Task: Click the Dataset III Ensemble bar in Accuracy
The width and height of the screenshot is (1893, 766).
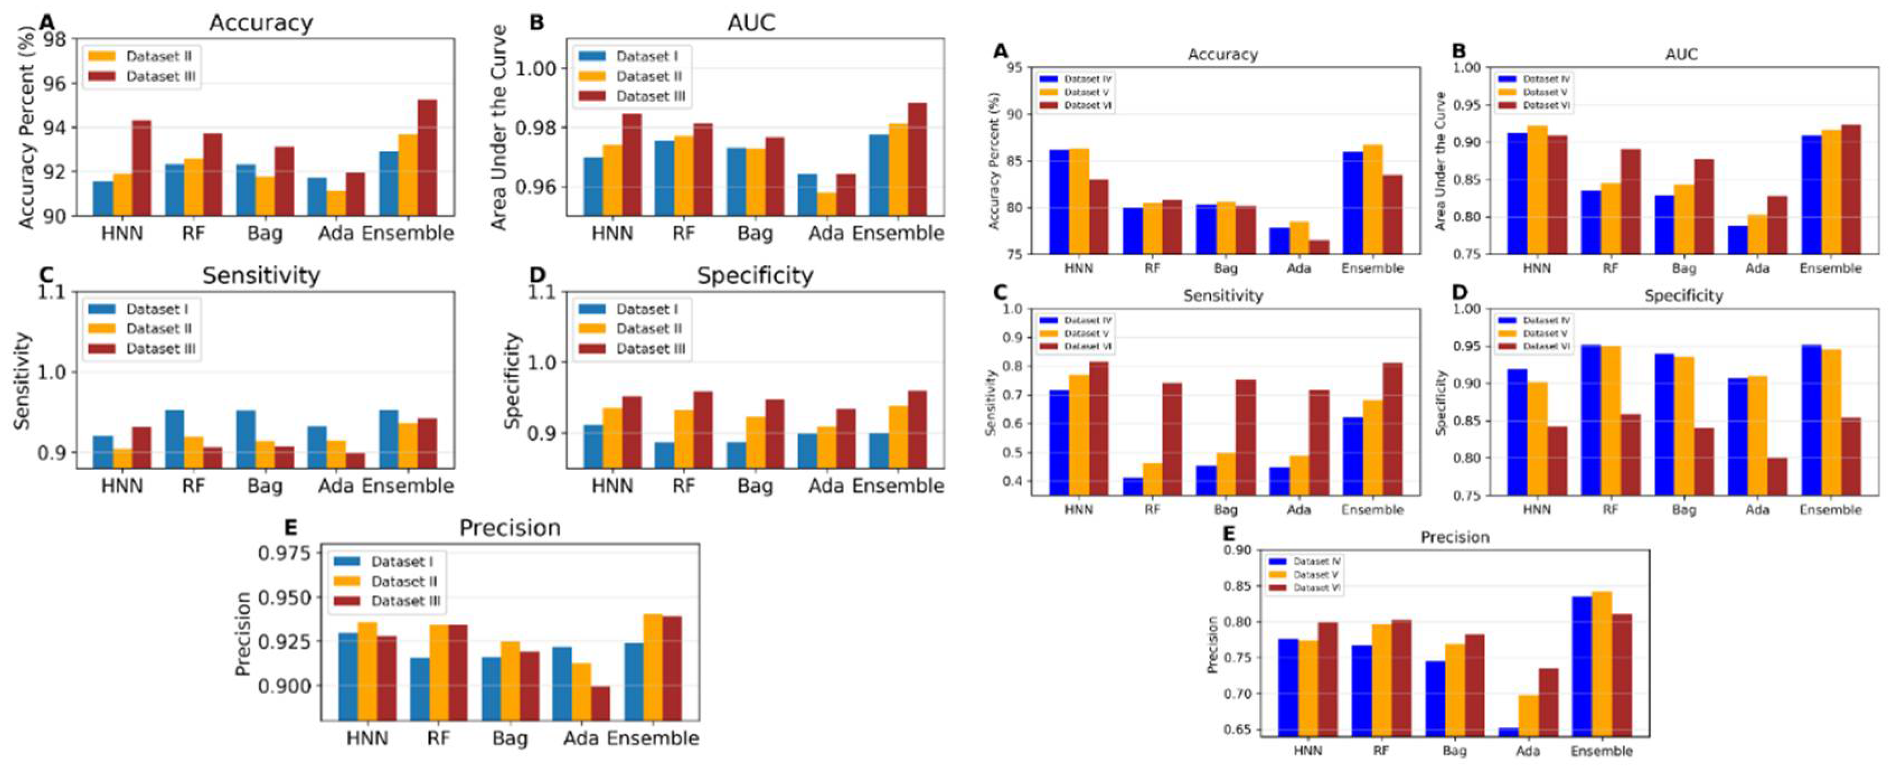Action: pyautogui.click(x=427, y=158)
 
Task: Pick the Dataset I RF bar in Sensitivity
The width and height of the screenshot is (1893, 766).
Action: pyautogui.click(x=174, y=438)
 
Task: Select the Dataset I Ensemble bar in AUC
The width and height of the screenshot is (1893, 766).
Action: pyautogui.click(x=878, y=175)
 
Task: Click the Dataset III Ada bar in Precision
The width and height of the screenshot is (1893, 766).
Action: pyautogui.click(x=600, y=703)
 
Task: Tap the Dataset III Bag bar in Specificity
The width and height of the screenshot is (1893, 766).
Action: pyautogui.click(x=774, y=433)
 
